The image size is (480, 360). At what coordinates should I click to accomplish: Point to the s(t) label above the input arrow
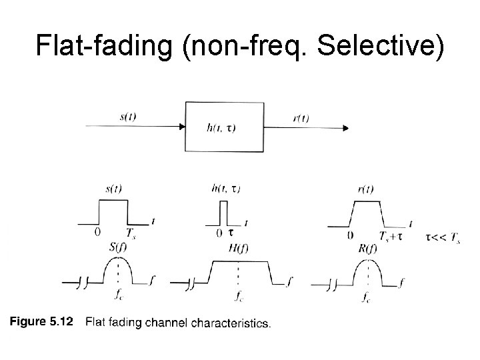pyautogui.click(x=128, y=117)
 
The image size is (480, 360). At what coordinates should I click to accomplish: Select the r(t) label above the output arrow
pyautogui.click(x=301, y=119)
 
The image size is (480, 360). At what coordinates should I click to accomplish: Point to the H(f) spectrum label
pyautogui.click(x=236, y=248)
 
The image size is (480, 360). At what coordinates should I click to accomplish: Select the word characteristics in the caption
pyautogui.click(x=231, y=324)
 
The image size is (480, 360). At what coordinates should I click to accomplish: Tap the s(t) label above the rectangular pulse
pyautogui.click(x=113, y=189)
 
